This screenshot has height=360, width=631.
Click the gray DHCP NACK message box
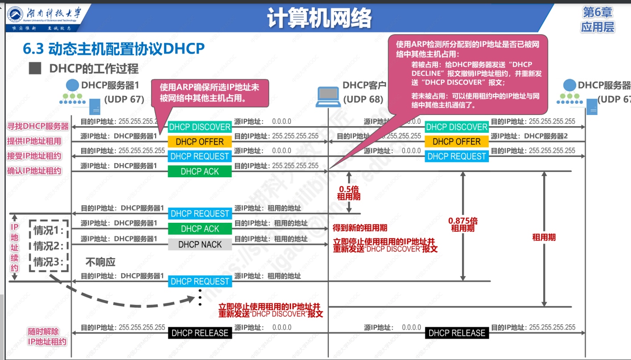(x=200, y=244)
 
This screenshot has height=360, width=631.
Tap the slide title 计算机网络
(x=320, y=18)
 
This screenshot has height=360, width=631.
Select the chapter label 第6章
(x=598, y=12)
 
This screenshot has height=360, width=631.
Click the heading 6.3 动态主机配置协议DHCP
(x=114, y=49)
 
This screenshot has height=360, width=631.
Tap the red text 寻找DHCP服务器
(x=38, y=127)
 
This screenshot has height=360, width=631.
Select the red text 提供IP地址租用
(x=34, y=141)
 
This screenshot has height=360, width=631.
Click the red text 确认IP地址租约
(x=34, y=171)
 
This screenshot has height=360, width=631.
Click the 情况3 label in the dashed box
(x=49, y=262)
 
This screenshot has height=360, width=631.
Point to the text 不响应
(x=100, y=262)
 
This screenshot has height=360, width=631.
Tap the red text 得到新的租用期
(x=360, y=228)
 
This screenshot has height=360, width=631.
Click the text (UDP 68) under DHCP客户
(x=364, y=99)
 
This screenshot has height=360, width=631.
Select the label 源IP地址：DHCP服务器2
(x=529, y=136)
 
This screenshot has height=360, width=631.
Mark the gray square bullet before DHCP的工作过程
(x=35, y=68)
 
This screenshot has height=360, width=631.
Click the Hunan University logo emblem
(x=17, y=14)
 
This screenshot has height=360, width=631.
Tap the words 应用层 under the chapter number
(x=598, y=27)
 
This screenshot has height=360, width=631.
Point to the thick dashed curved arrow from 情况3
(x=129, y=304)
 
